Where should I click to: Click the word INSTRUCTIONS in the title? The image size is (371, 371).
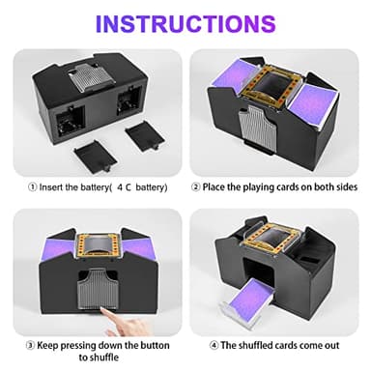click(x=185, y=22)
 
